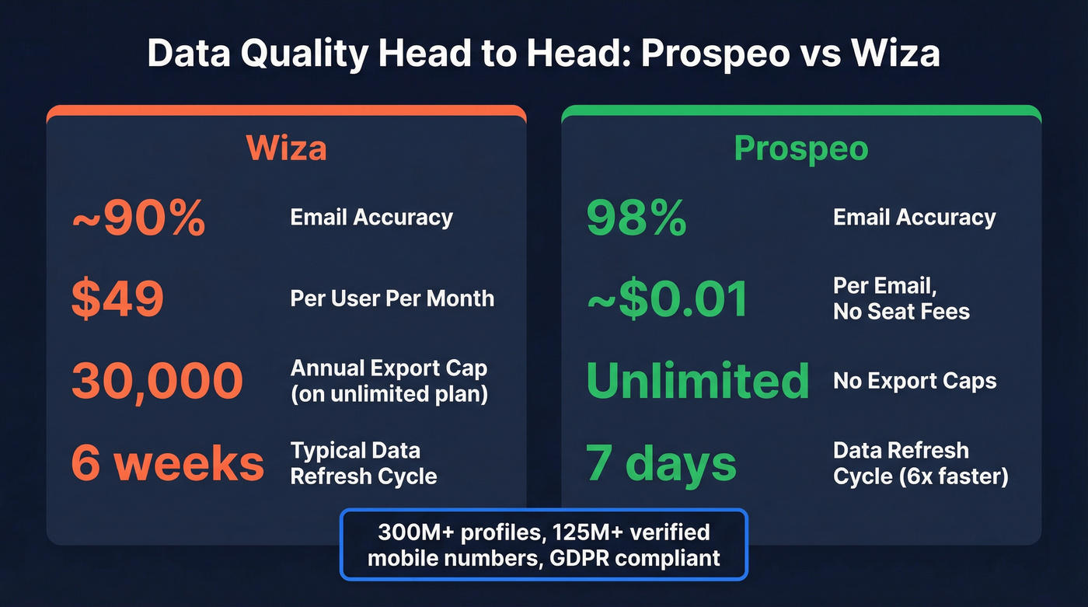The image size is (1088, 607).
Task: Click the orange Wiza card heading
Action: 286,148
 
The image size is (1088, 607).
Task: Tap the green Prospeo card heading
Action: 800,148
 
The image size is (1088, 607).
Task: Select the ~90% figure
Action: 138,220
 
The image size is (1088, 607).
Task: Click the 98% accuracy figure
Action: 636,220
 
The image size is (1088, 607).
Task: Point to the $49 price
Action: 117,299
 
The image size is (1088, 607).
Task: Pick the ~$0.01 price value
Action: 667,299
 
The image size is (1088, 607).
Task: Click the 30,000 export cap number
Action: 157,381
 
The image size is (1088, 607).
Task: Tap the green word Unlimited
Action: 697,381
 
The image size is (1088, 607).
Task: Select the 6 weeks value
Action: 167,462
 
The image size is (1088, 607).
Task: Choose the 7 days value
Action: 661,462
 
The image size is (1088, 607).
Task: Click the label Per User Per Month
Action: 392,298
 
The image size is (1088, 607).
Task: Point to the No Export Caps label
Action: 915,381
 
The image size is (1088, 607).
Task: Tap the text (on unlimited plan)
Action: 389,394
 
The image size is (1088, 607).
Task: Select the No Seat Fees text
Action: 901,312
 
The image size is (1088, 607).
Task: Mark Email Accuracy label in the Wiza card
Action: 371,218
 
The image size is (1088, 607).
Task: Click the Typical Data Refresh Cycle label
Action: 363,462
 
